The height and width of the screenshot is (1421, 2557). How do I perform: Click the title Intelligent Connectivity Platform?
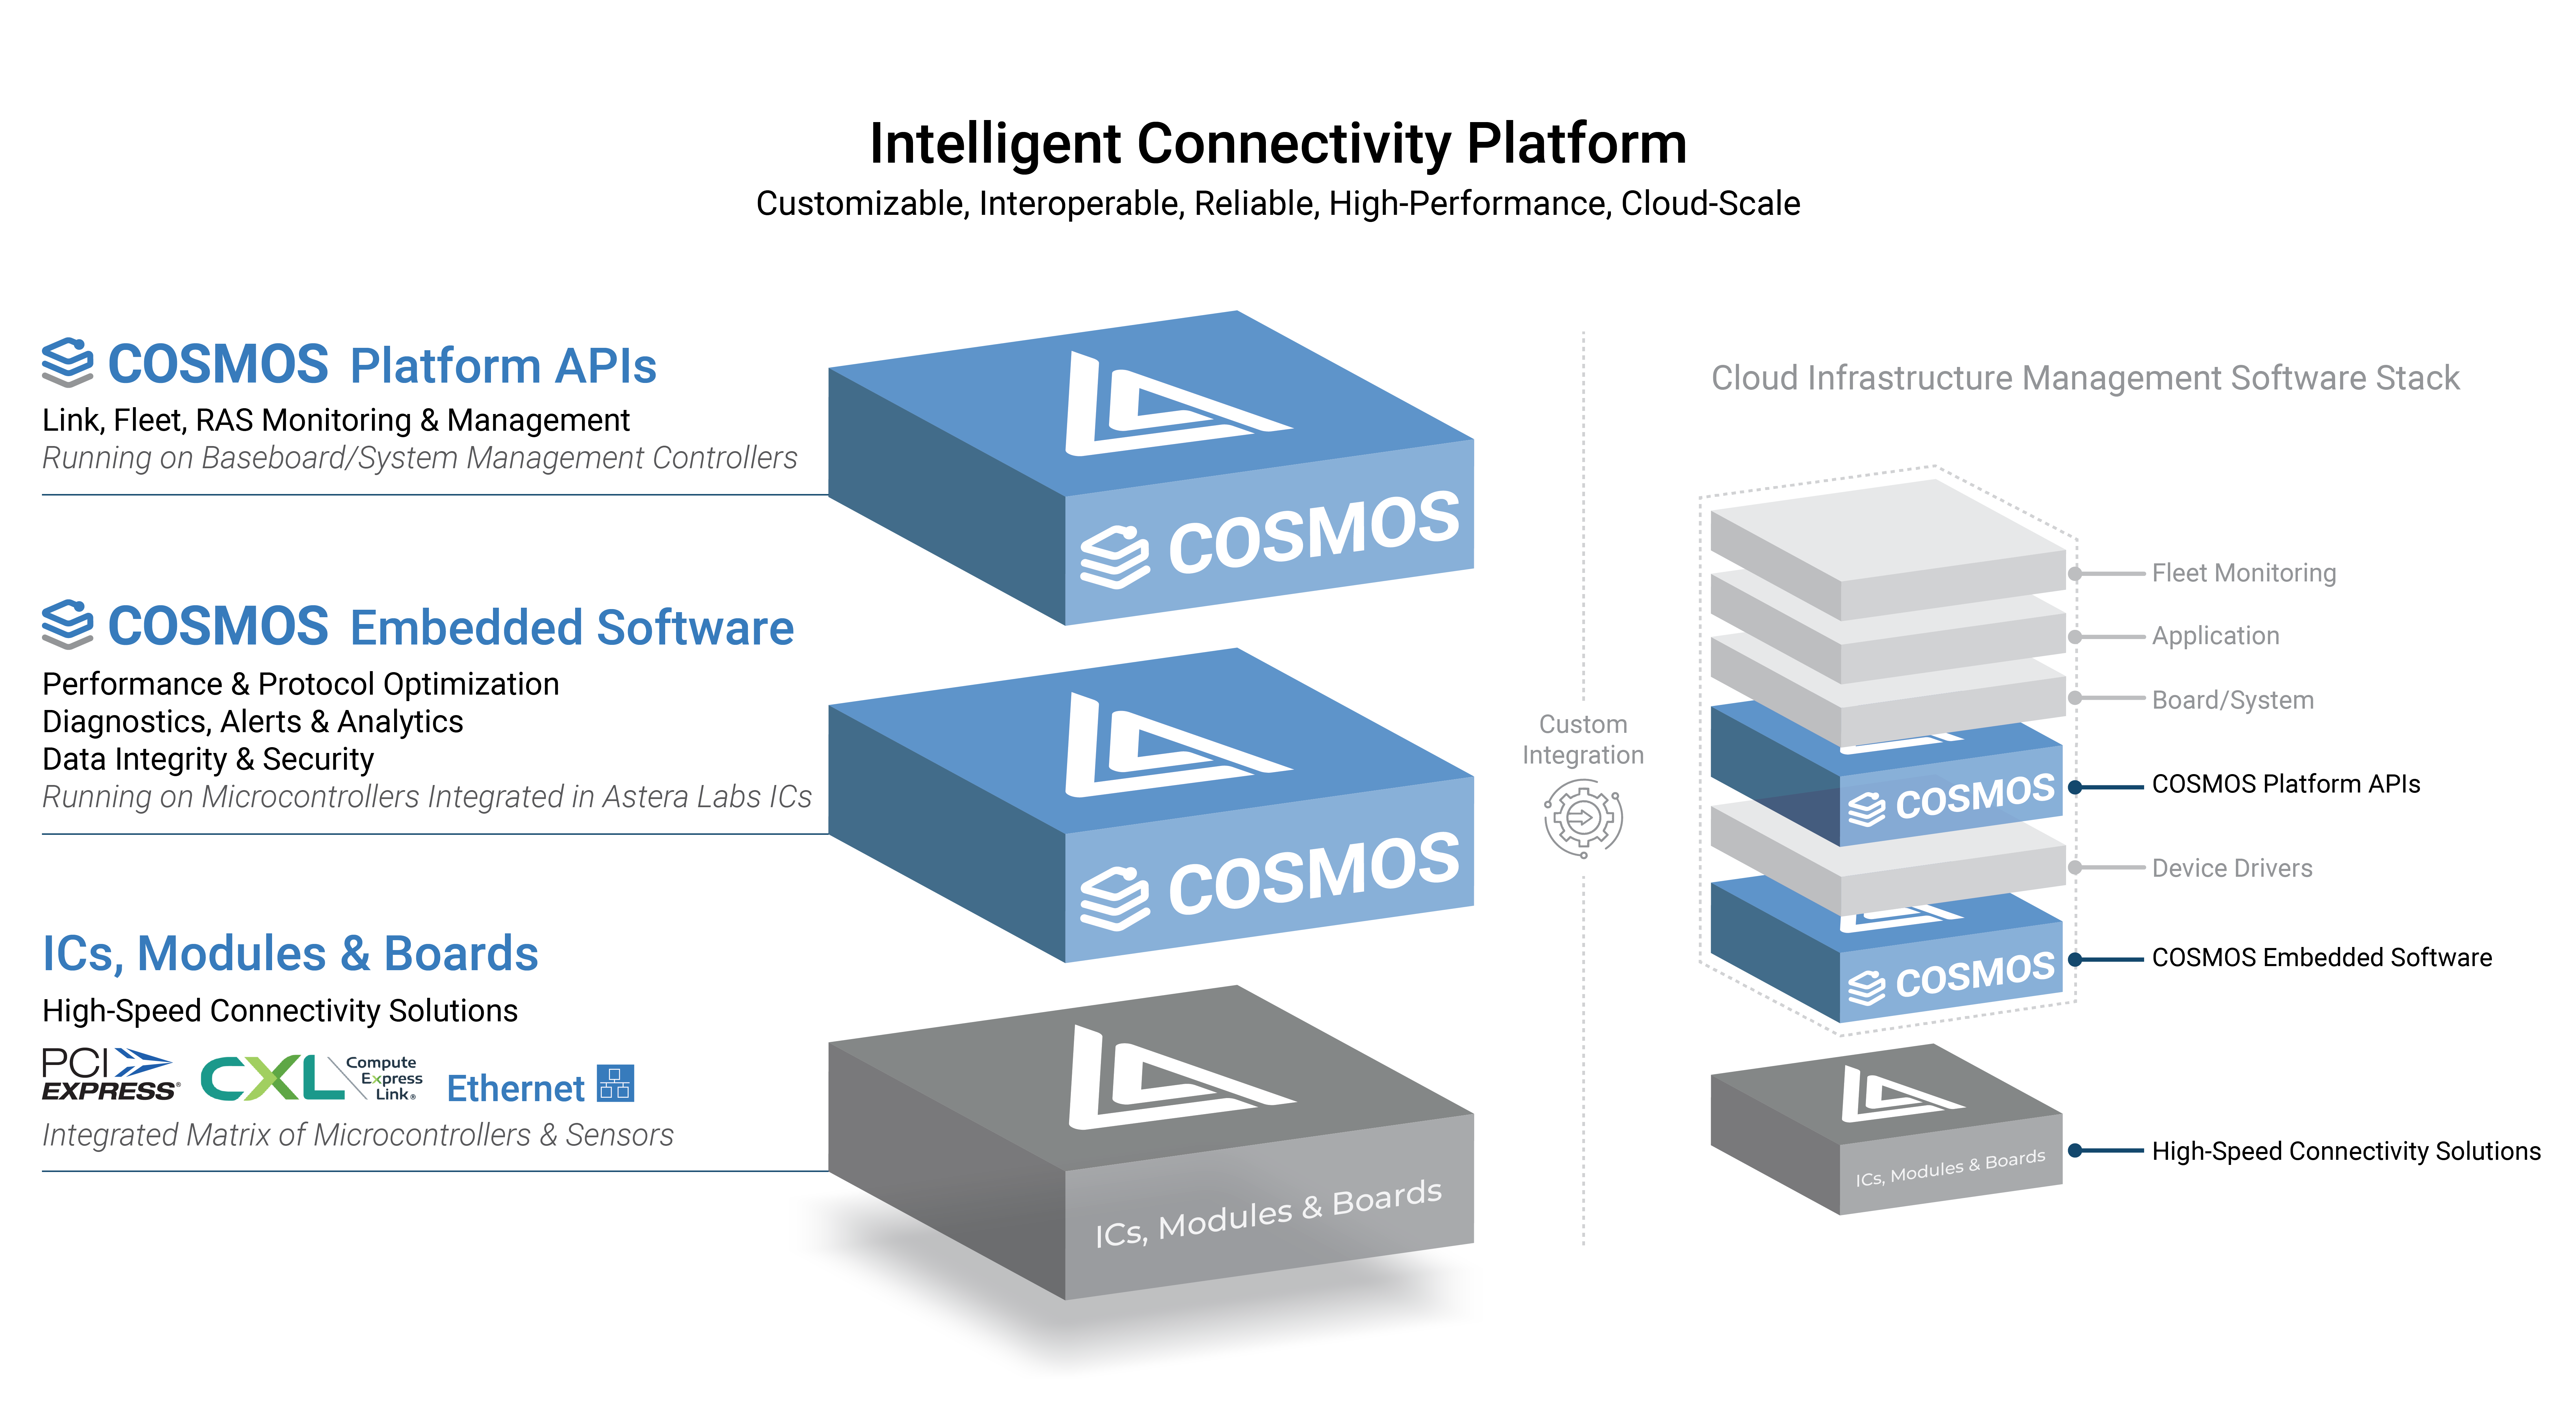pyautogui.click(x=1277, y=144)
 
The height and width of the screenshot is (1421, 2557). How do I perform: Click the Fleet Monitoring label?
pyautogui.click(x=2243, y=573)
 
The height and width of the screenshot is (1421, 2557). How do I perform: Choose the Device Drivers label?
pyautogui.click(x=2231, y=868)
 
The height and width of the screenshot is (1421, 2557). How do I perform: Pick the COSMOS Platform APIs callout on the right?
pyautogui.click(x=2285, y=784)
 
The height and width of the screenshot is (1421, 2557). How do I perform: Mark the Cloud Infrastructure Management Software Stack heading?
pyautogui.click(x=2084, y=378)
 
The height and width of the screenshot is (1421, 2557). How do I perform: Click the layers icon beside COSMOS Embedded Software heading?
pyautogui.click(x=68, y=625)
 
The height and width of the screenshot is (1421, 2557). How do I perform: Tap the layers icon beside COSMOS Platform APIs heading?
pyautogui.click(x=68, y=362)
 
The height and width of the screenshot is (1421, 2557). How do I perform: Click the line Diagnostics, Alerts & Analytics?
pyautogui.click(x=252, y=722)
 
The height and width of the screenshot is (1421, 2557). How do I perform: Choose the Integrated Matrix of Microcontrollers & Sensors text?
pyautogui.click(x=357, y=1135)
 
